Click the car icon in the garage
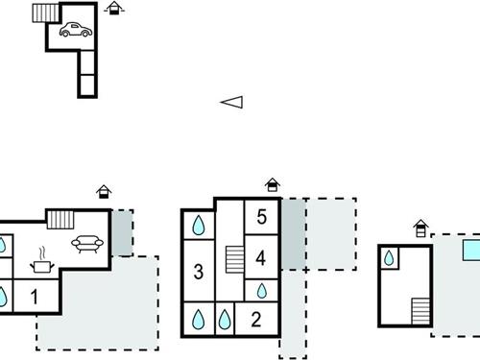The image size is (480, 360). tap(75, 31)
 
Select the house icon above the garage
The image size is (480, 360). tap(114, 9)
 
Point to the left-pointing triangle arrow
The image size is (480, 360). tap(232, 102)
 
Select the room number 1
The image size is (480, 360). tap(35, 298)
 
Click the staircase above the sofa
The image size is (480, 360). tap(60, 219)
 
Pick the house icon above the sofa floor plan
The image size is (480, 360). tap(104, 193)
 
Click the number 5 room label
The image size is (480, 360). tap(262, 216)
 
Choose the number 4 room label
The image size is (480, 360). tap(261, 256)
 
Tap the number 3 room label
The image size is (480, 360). tap(198, 272)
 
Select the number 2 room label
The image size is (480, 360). tap(255, 320)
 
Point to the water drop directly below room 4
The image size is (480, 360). tap(261, 290)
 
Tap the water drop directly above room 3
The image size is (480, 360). tap(198, 227)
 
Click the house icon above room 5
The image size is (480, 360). tap(273, 184)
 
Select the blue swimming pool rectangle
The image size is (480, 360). tap(469, 251)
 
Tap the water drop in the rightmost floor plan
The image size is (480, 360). tap(390, 258)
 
